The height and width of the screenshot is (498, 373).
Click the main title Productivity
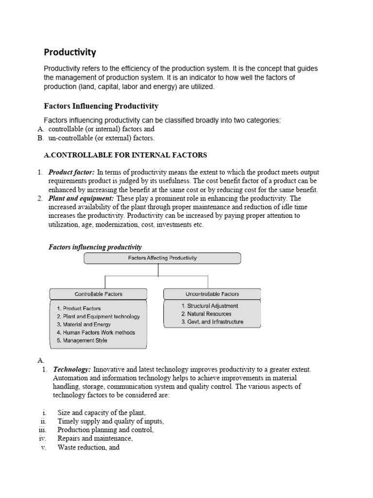coord(70,52)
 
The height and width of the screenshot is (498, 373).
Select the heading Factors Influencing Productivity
coord(101,106)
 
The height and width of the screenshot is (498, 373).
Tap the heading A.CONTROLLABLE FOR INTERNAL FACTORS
coord(122,155)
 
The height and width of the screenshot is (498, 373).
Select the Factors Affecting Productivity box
coord(162,258)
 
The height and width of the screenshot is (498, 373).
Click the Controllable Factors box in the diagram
coord(98,294)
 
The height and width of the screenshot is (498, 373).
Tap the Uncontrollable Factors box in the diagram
coord(212,294)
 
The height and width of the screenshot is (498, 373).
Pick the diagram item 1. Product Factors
coord(79,308)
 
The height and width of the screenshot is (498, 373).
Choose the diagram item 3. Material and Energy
coord(84,324)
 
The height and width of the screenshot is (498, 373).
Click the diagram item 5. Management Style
coord(82,340)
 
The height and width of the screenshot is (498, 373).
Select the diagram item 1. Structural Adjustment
coord(209,306)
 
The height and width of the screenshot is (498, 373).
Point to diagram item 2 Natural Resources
coord(206,314)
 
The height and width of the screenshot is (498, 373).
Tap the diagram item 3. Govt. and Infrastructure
coord(212,322)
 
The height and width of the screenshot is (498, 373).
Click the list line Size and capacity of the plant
coord(102,412)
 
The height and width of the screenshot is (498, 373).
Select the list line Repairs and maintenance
coord(95,439)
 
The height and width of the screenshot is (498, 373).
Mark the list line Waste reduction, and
coord(88,447)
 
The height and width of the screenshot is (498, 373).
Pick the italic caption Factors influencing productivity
coord(95,247)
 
